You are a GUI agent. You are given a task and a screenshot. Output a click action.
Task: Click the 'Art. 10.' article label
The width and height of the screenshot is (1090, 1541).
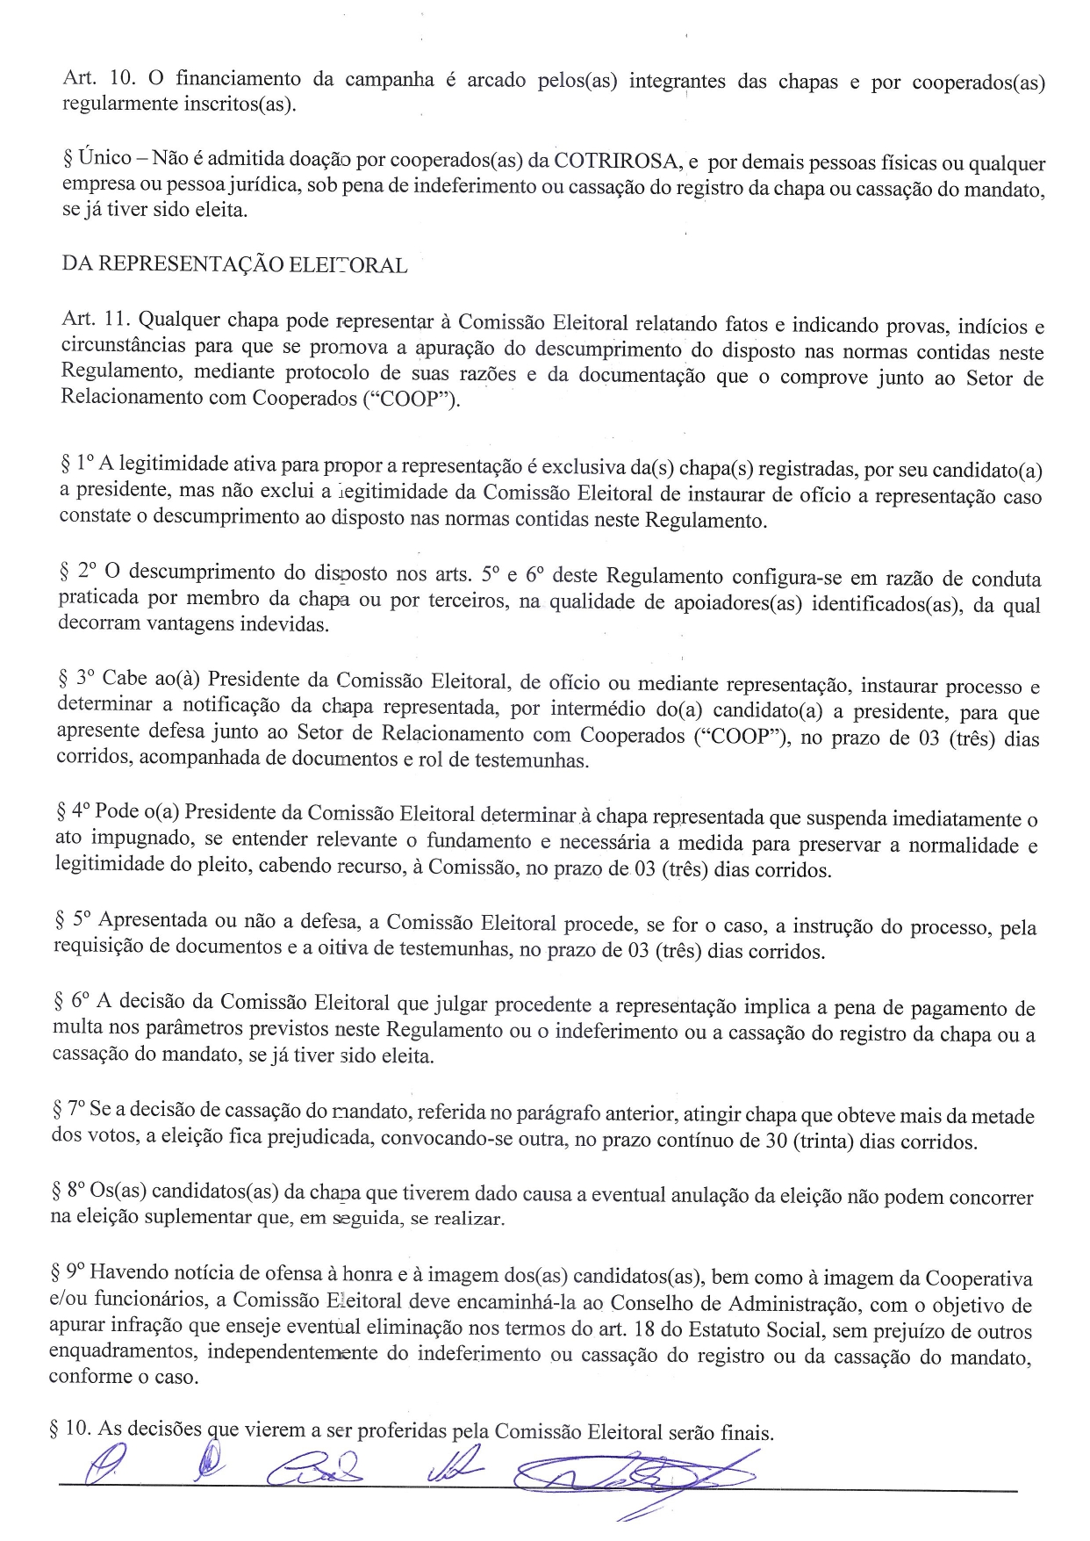(x=98, y=77)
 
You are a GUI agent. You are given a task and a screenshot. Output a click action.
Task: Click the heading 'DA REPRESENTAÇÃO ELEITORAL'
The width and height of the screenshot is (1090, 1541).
(x=234, y=264)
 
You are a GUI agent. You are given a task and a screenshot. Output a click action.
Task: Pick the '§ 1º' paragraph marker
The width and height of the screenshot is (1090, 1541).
(x=76, y=463)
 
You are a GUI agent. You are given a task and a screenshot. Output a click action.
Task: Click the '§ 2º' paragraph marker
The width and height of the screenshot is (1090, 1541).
(x=76, y=571)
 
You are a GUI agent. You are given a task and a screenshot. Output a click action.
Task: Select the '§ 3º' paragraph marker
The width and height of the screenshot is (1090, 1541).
(x=75, y=679)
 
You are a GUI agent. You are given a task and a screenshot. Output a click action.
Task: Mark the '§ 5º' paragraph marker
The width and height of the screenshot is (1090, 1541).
(x=72, y=919)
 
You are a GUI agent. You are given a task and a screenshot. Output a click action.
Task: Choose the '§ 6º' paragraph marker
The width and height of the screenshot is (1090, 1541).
(x=71, y=1001)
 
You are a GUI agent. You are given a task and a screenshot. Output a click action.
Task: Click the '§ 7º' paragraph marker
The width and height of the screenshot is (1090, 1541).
(x=68, y=1109)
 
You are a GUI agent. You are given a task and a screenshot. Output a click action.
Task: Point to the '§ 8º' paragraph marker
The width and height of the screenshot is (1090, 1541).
(x=68, y=1192)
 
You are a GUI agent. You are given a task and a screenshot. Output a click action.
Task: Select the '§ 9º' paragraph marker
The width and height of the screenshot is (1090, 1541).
(x=68, y=1271)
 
